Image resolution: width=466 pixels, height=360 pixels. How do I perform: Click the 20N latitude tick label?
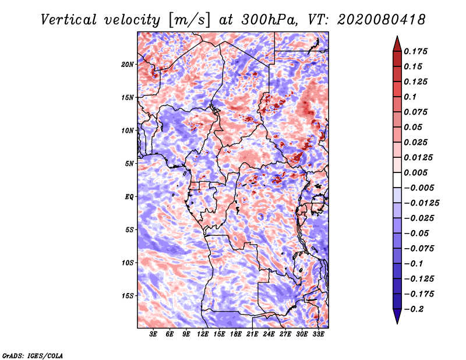pos(128,65)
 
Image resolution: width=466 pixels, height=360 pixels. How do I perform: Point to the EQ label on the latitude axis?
pos(129,197)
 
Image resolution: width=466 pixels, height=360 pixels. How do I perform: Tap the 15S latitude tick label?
pos(128,296)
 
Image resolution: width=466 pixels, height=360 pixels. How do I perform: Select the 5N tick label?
pos(129,164)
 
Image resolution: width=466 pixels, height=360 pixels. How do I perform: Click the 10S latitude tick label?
pos(128,263)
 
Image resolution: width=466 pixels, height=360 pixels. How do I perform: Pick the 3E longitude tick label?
pos(153,334)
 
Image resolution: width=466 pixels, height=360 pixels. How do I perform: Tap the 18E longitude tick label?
pos(236,334)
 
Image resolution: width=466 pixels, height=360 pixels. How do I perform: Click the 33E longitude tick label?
pos(318,334)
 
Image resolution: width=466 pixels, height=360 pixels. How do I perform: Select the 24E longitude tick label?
pos(269,334)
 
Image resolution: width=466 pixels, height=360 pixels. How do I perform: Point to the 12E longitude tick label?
pos(203,334)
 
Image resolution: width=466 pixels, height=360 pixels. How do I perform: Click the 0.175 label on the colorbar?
pos(415,51)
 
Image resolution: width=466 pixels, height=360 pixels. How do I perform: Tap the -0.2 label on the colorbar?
pos(414,309)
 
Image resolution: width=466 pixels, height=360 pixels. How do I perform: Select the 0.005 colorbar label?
pos(415,172)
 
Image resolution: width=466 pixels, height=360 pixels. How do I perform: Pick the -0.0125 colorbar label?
pos(421,203)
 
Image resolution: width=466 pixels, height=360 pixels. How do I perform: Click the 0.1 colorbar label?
pos(410,97)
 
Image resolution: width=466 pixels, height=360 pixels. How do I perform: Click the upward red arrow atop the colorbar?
pos(397,44)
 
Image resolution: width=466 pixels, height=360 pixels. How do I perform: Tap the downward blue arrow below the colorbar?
pos(397,316)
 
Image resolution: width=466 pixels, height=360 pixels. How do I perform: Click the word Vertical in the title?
pos(69,20)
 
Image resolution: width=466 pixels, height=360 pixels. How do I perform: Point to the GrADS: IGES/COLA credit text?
pos(33,355)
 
